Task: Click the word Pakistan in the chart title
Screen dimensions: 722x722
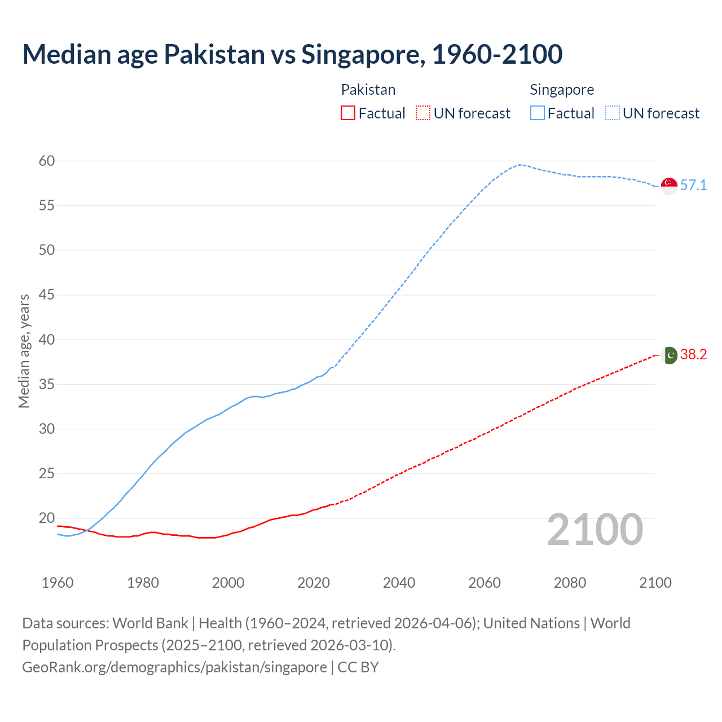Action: [x=214, y=55]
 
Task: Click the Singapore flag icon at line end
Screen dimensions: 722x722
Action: [x=669, y=186]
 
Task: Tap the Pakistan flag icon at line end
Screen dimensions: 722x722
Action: [x=670, y=355]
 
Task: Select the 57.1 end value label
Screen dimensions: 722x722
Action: [x=693, y=186]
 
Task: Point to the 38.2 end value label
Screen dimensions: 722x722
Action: [x=693, y=355]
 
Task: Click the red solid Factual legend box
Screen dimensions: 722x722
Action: [x=348, y=113]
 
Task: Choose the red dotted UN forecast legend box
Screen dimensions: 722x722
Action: [x=423, y=113]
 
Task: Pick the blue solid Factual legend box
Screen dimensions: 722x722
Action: [x=538, y=113]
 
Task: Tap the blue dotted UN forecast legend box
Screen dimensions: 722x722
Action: [x=613, y=113]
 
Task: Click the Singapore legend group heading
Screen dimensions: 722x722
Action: [x=562, y=90]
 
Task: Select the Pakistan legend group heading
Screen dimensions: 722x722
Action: [x=368, y=90]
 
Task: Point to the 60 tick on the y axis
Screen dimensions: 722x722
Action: [x=47, y=161]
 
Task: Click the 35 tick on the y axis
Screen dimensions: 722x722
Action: [x=47, y=385]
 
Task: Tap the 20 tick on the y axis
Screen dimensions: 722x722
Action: [x=47, y=518]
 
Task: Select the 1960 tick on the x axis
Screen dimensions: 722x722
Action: [x=58, y=583]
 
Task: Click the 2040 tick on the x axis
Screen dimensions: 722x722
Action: [x=399, y=583]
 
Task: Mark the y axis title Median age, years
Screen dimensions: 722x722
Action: [x=24, y=351]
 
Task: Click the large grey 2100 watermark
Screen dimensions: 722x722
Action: [x=595, y=530]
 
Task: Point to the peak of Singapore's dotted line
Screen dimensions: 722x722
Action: [x=519, y=165]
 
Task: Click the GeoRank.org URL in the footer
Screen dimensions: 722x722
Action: [x=174, y=667]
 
